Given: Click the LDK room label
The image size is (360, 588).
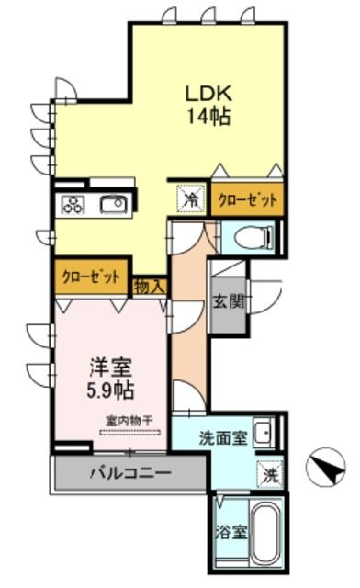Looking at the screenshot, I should tap(209, 93).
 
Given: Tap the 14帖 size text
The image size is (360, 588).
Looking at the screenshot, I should tap(209, 117).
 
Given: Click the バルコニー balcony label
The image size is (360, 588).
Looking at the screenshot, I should tap(129, 475).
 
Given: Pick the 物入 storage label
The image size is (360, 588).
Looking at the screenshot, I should tap(150, 287).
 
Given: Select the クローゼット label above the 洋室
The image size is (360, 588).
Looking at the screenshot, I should tap(91, 276).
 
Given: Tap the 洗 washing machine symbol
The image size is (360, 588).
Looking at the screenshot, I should tap(270, 475).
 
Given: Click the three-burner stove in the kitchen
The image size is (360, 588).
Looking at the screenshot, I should tap(73, 204).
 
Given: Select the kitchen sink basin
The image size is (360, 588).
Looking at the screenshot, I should tap(113, 204).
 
